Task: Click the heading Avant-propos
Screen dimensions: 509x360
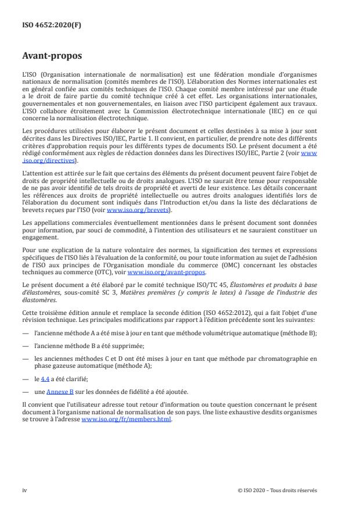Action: (51, 57)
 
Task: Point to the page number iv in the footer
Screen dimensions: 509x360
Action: (24, 490)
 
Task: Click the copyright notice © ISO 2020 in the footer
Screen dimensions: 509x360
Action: (277, 490)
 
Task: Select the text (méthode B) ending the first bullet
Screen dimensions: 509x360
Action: (297, 333)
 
